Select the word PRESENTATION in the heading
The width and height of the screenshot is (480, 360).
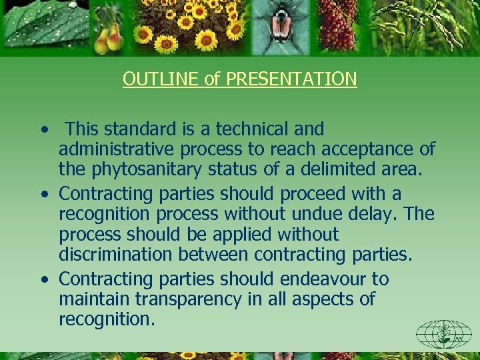tap(291, 79)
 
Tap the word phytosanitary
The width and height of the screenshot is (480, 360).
tap(138, 170)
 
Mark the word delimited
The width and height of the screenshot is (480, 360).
tap(333, 170)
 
